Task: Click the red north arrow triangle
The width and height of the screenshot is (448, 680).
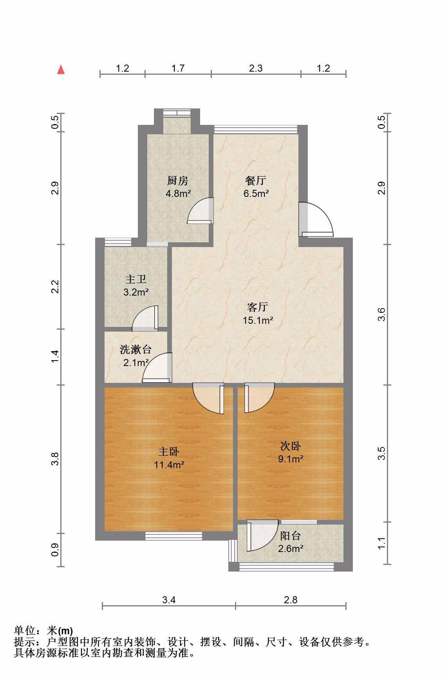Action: pos(61,70)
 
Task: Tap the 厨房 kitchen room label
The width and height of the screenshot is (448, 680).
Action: pos(178,180)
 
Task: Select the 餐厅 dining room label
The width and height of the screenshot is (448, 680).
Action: pos(256,180)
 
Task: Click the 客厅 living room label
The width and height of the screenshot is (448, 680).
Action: pos(258,307)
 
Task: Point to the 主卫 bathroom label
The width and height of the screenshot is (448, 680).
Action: pos(136,279)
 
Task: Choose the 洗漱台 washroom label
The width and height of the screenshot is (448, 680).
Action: pos(135,349)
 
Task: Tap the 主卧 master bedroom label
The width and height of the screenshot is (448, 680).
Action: pos(169,452)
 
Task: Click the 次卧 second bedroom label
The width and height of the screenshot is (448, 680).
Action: pos(291,446)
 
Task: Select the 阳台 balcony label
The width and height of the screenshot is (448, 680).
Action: pos(291,536)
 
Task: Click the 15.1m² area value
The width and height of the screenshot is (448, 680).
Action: pos(258,320)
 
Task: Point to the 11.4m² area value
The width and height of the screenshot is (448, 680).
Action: pos(169,465)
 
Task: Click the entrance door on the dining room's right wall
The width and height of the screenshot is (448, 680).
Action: pos(316,220)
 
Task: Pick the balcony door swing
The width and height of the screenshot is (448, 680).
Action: pos(262,536)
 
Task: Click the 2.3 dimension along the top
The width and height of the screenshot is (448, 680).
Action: pos(256,69)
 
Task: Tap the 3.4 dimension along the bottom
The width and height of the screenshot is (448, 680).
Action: pos(169,600)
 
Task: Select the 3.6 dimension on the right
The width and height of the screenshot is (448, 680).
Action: pos(381,314)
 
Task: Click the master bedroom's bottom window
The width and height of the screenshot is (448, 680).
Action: pos(174,536)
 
